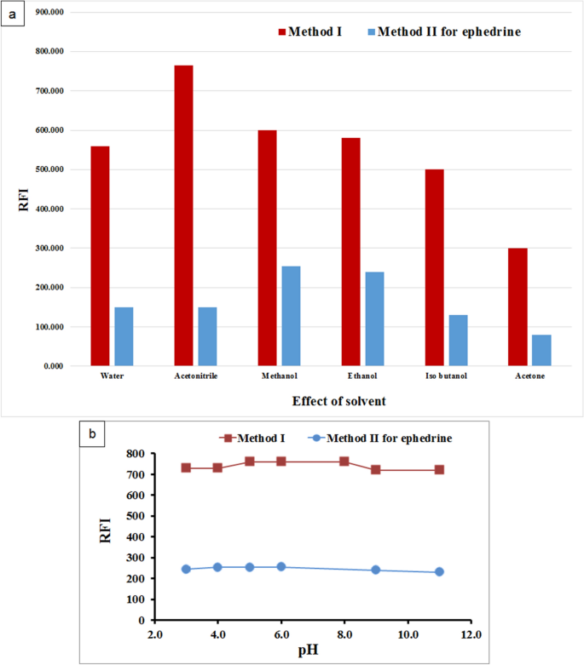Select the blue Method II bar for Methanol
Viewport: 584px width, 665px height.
[291, 316]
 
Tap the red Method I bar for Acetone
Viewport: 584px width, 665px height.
[518, 307]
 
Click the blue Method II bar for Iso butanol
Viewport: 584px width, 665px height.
[458, 341]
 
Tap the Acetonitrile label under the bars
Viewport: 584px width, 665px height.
[195, 375]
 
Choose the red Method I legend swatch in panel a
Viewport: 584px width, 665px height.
[282, 32]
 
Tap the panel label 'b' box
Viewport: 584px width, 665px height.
[93, 433]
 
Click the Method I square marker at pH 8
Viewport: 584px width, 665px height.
[344, 461]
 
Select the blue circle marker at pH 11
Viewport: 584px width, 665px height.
[439, 572]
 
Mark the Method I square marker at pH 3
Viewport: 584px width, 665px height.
[186, 468]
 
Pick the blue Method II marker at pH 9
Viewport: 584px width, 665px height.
[376, 570]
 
